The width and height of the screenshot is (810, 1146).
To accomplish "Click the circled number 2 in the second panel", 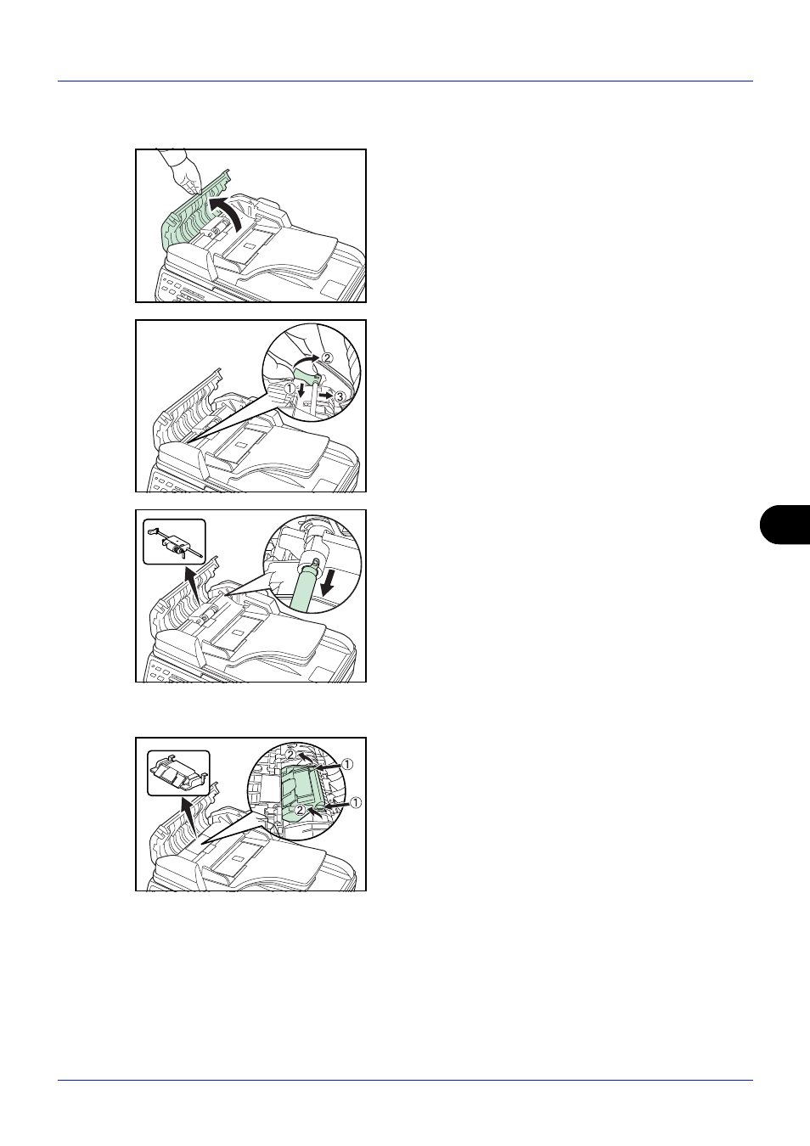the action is pos(327,357).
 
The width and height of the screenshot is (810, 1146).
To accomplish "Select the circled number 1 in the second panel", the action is pos(289,389).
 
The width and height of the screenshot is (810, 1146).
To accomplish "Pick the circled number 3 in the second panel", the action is pos(340,396).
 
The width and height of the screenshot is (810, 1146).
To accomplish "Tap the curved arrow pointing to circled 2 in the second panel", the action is pos(306,361).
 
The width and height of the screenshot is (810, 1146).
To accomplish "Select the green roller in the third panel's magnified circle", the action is pos(307,583).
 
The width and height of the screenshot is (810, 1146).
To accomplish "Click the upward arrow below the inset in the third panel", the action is pos(194,584).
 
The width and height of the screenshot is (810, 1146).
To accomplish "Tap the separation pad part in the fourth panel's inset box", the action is pos(178,773).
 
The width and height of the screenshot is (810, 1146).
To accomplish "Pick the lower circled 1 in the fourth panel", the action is pos(355,802).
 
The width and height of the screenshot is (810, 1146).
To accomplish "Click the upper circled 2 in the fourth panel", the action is pos(290,755).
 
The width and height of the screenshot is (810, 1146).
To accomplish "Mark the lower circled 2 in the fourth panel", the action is pos(300,810).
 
